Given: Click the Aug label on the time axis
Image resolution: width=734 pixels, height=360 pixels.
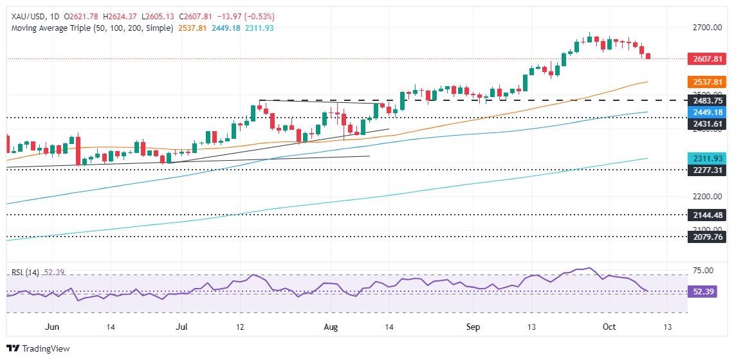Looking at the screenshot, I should pos(330,327).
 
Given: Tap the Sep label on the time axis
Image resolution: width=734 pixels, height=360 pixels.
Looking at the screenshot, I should pos(473,327).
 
